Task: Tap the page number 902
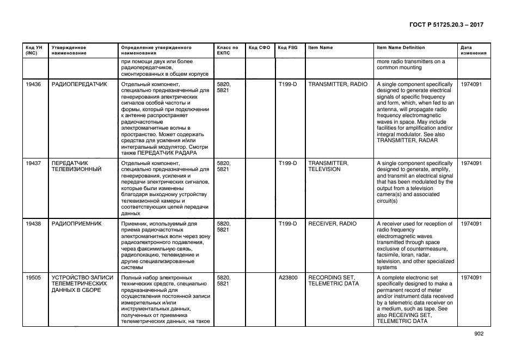[479, 334]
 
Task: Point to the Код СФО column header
[259, 48]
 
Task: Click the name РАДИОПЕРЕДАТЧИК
[79, 84]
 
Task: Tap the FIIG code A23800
[288, 278]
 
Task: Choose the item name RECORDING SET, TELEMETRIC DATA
[333, 280]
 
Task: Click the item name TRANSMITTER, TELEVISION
[328, 166]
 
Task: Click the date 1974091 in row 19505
[471, 278]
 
